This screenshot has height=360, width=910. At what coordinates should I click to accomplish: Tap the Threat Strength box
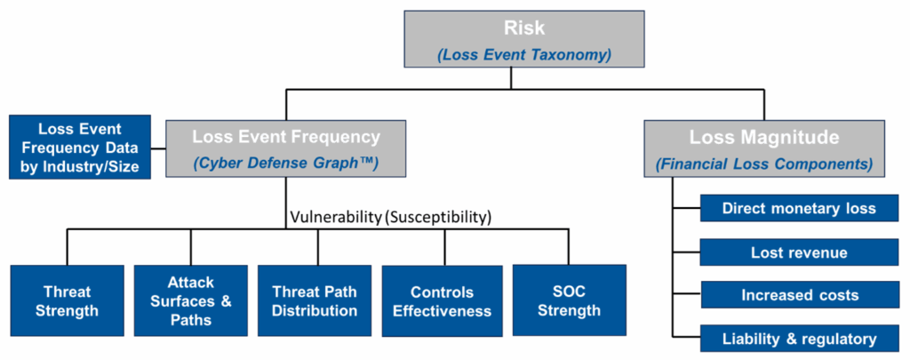pos(67,300)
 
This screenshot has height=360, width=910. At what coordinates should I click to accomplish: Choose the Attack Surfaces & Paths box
pos(191,300)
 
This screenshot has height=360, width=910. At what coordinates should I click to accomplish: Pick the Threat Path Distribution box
pos(315,300)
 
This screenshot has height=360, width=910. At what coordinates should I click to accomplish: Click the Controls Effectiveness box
pos(442,301)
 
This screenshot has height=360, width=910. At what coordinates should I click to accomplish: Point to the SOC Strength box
pos(569,300)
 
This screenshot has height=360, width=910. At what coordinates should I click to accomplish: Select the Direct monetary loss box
pos(799,209)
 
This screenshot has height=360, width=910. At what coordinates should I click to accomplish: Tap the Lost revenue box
pos(799,252)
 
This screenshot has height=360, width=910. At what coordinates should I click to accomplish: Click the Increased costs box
pos(799,294)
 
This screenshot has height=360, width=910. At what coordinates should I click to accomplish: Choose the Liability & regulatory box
pos(799,338)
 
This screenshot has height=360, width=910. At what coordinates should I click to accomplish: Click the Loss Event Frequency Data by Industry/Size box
pos(80,147)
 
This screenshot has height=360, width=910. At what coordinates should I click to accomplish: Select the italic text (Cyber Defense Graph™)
pos(286,164)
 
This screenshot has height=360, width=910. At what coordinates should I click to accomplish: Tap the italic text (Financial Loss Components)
pos(764,164)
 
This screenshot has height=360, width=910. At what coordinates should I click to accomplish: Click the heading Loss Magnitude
pos(764,138)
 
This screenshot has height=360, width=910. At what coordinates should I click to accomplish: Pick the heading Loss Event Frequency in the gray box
pos(286,137)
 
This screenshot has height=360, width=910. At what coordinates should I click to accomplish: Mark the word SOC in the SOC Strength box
pos(569,292)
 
